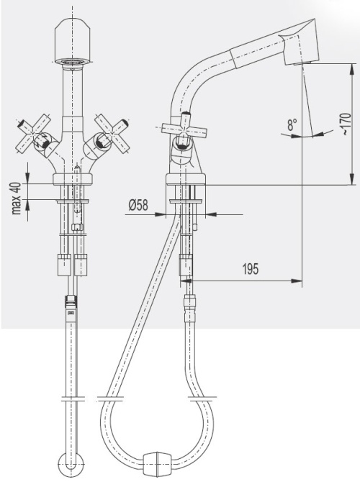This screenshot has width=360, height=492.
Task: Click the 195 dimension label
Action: [251, 269]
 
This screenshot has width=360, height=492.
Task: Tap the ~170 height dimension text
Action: [346, 124]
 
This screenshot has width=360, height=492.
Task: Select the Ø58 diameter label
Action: [138, 206]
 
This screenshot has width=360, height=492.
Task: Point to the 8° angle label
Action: [292, 125]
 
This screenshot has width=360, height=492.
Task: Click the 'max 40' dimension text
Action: [17, 199]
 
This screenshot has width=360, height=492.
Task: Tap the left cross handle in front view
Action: [34, 135]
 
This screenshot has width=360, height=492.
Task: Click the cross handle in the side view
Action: [184, 128]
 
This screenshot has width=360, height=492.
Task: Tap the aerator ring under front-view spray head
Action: [73, 63]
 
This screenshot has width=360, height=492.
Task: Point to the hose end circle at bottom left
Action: [71, 465]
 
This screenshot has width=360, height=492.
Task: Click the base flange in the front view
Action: [73, 179]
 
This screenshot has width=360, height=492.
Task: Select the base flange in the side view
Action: [186, 179]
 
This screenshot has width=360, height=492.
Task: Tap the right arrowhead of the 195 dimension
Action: [297, 281]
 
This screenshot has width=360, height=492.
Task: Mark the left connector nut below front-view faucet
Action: [64, 265]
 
